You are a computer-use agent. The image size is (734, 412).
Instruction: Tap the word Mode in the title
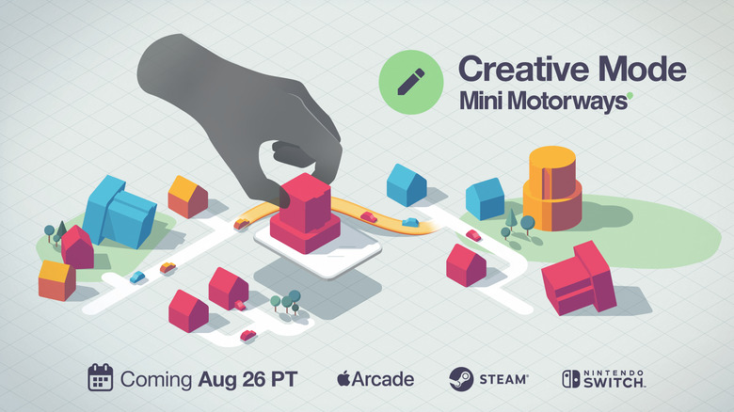(646, 71)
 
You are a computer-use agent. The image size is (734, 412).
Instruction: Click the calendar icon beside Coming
(101, 377)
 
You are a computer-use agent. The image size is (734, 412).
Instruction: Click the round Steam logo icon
(460, 378)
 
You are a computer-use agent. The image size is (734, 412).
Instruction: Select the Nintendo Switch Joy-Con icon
(571, 378)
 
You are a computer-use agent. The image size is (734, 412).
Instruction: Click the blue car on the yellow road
(410, 223)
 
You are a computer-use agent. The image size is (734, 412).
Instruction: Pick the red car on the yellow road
(368, 217)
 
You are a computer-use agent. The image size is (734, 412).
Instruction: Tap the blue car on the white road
(137, 277)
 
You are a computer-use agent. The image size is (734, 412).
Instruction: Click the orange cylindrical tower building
(552, 188)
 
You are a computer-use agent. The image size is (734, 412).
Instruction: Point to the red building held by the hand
(305, 216)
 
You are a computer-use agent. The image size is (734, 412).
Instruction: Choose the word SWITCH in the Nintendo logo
(617, 383)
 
